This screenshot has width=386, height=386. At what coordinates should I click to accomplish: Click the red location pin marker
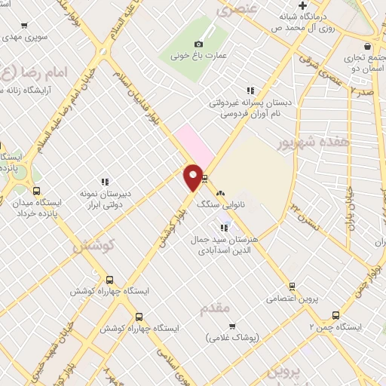point(193,176)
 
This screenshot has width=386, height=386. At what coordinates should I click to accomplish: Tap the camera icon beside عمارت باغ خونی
point(198,44)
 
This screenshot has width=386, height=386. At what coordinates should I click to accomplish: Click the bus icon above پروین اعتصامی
point(292,286)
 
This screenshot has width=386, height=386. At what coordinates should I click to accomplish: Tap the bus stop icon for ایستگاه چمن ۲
point(335,316)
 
